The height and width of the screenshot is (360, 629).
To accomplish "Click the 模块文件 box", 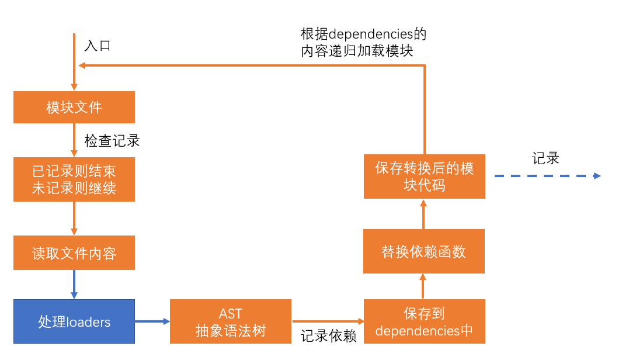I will pyautogui.click(x=74, y=107).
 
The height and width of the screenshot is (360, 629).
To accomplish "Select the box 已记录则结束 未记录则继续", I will pyautogui.click(x=74, y=179).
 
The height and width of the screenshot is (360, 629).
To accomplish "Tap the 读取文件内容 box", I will pyautogui.click(x=74, y=253).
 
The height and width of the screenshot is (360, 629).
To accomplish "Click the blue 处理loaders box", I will pyautogui.click(x=74, y=321).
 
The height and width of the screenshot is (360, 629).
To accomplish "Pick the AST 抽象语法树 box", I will pyautogui.click(x=231, y=321).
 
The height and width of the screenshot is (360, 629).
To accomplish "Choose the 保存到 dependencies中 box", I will pyautogui.click(x=424, y=321).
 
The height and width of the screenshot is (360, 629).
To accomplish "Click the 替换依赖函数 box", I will pyautogui.click(x=424, y=251).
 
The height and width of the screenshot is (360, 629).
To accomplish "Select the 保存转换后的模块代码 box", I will pyautogui.click(x=424, y=176).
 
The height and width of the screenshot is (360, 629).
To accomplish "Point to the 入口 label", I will pyautogui.click(x=98, y=46).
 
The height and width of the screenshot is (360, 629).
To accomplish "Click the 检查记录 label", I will pyautogui.click(x=112, y=141).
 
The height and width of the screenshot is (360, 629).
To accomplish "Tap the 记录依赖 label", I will pyautogui.click(x=328, y=337).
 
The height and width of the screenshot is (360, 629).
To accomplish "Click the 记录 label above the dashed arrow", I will pyautogui.click(x=546, y=158).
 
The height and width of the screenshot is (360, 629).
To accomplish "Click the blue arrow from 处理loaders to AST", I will pyautogui.click(x=152, y=321).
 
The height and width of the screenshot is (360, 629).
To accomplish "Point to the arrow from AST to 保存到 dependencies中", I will pyautogui.click(x=328, y=321).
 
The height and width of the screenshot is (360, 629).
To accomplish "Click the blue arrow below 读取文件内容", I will pyautogui.click(x=74, y=284).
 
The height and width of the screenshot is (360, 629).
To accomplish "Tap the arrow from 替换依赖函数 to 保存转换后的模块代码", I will pyautogui.click(x=424, y=214).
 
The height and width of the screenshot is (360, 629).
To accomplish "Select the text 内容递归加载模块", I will pyautogui.click(x=357, y=51).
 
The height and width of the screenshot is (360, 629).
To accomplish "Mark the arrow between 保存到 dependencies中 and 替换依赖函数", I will pyautogui.click(x=424, y=286).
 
